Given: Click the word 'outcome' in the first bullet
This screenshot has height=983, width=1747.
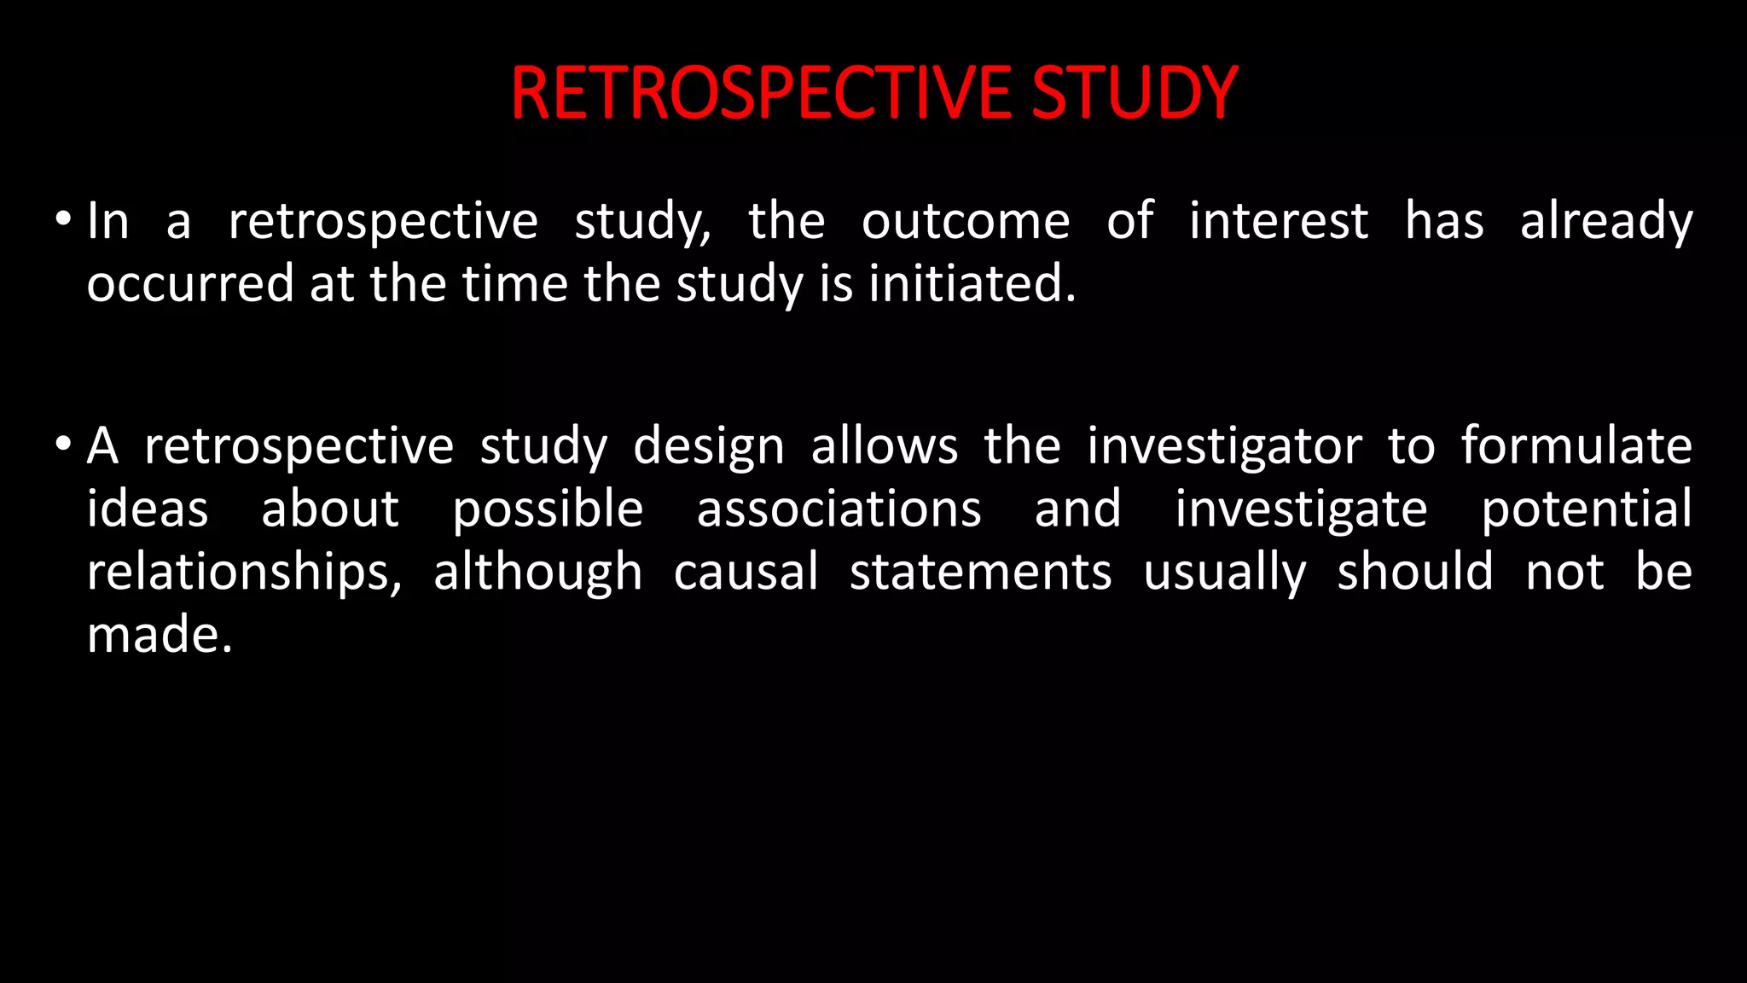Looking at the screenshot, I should [x=966, y=222].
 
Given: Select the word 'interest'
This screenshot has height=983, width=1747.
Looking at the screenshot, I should [x=1279, y=222].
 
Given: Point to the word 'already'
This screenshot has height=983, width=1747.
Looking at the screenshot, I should [x=1606, y=222].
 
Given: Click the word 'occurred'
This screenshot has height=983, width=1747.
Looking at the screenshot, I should [x=189, y=285].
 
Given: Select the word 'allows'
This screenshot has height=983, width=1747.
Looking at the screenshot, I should [x=885, y=447].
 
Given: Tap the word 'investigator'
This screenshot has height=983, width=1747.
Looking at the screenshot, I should [x=1224, y=447].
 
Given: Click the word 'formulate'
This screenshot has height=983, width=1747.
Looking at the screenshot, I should [x=1576, y=445].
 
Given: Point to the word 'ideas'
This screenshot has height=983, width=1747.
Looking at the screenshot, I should [x=148, y=509].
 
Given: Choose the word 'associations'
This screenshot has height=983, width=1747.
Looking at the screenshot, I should [x=839, y=509].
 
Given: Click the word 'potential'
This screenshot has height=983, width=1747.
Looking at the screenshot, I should [x=1587, y=510].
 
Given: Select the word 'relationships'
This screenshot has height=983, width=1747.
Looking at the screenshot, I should [x=243, y=573].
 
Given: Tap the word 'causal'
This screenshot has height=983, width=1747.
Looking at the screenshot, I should [x=746, y=572].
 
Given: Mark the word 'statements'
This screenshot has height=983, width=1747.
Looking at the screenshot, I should [x=981, y=573].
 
